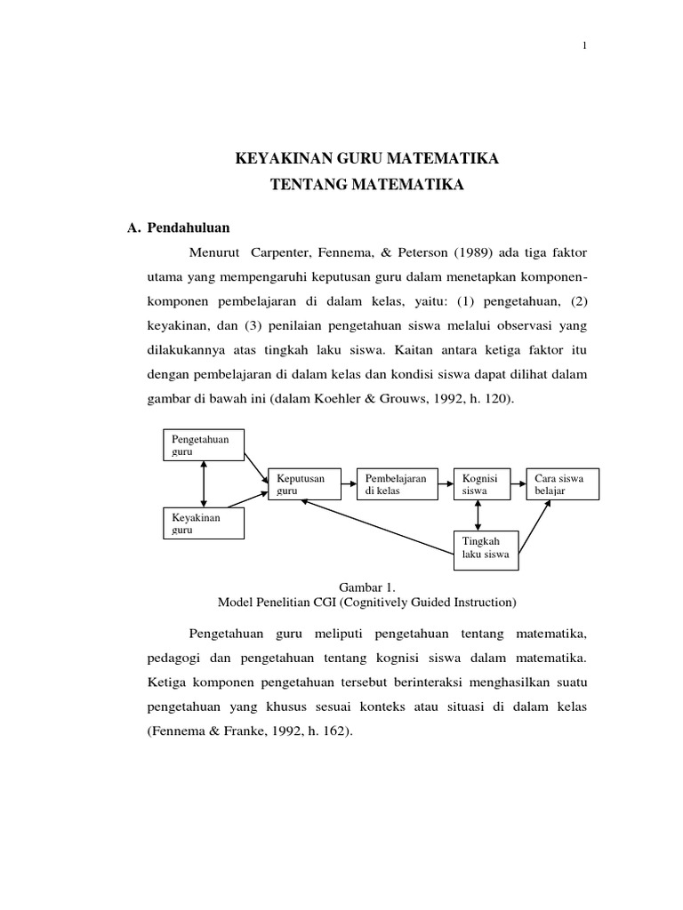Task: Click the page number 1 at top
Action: point(584,47)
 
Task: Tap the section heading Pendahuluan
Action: point(189,227)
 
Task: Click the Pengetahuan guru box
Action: point(204,445)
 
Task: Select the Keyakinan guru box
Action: point(204,523)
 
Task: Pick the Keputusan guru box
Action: point(303,483)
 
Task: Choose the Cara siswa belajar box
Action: point(562,483)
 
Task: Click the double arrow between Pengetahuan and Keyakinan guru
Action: point(205,484)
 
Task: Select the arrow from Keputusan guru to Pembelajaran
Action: point(348,484)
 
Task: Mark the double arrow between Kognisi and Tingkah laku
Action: point(479,515)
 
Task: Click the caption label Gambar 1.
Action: point(366,587)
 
